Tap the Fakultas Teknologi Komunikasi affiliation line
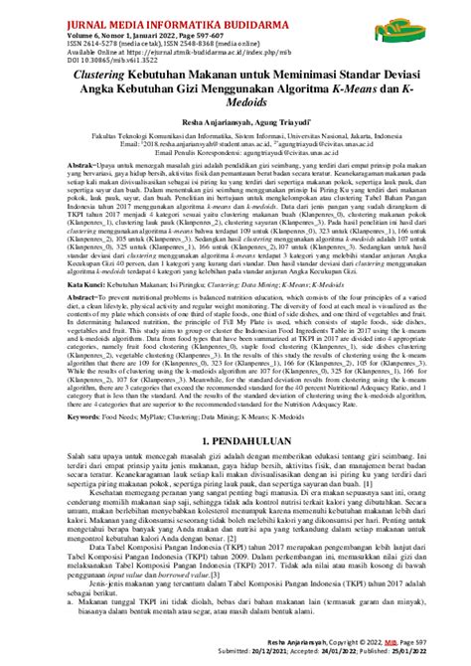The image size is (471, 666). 235,163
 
